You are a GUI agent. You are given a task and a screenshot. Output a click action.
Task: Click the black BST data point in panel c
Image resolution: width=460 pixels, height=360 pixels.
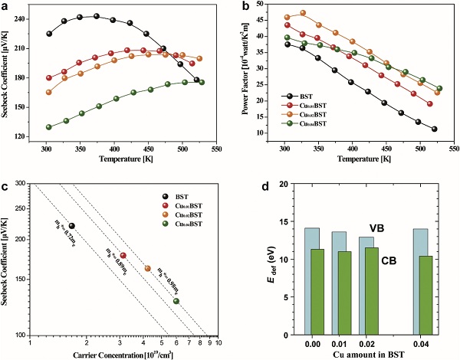pos(72,226)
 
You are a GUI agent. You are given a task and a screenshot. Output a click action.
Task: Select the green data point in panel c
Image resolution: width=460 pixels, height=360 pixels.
pos(176,301)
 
